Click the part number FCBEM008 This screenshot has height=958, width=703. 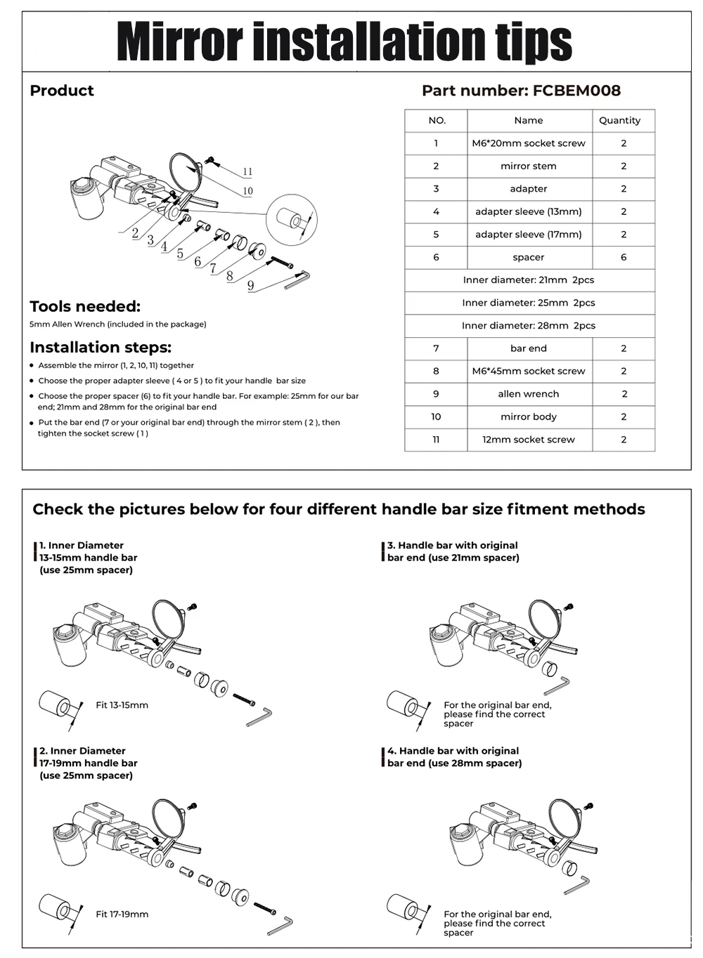tap(576, 91)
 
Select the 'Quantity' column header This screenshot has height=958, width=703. tap(619, 120)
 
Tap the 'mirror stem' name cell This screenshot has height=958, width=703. tap(529, 166)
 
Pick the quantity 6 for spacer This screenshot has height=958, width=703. tap(624, 257)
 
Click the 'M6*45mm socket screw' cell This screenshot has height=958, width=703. tap(529, 371)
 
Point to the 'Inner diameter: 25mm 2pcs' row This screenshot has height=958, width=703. tap(529, 303)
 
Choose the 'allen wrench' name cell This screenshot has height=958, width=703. tap(529, 394)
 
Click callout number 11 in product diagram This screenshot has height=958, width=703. tap(247, 172)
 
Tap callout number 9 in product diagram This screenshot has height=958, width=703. tap(251, 285)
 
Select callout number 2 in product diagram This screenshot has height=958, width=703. tap(135, 234)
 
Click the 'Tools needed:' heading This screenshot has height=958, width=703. tap(85, 306)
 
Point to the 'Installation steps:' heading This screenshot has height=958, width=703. tap(101, 347)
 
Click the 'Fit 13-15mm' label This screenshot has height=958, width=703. tap(122, 705)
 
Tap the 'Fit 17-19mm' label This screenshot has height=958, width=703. tap(122, 914)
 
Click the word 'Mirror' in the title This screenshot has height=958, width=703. tap(179, 42)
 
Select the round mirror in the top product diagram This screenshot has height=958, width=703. tap(185, 172)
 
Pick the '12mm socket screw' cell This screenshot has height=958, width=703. tap(529, 440)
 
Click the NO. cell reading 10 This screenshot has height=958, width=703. tap(436, 416)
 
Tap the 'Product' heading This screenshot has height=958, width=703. tap(62, 91)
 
